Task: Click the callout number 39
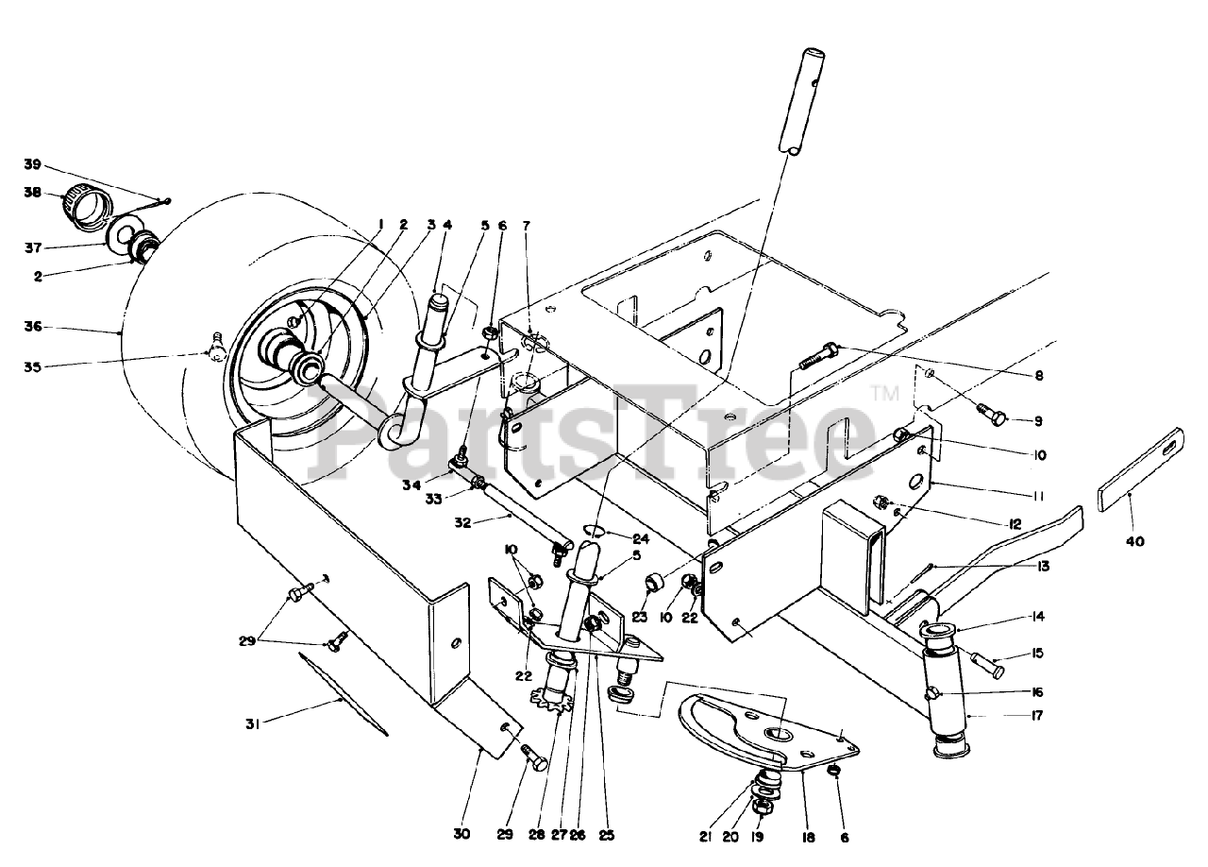pos(32,164)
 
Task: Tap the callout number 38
pos(32,192)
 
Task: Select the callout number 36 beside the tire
pos(32,327)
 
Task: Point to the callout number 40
pos(1135,541)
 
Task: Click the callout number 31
pos(252,724)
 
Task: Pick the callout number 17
pos(1036,715)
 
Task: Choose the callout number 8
pos(1039,375)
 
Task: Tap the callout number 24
pos(641,538)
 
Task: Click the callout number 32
pos(462,522)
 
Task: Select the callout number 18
pos(809,838)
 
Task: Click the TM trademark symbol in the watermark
pos(884,393)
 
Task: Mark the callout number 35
pos(32,367)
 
